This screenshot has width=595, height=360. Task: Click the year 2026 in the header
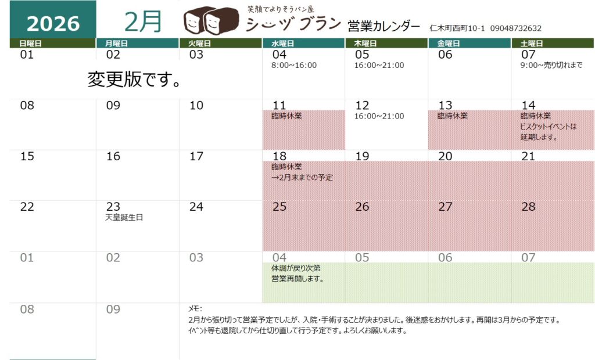pyautogui.click(x=53, y=23)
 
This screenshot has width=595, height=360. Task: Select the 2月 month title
pyautogui.click(x=143, y=21)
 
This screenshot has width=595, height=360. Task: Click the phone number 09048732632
pyautogui.click(x=516, y=28)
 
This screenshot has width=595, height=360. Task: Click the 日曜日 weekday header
pyautogui.click(x=30, y=43)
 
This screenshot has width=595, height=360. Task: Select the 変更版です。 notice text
pyautogui.click(x=134, y=80)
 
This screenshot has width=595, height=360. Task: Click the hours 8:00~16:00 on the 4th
pyautogui.click(x=294, y=65)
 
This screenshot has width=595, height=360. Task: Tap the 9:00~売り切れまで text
pyautogui.click(x=551, y=65)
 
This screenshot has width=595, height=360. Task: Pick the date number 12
pyautogui.click(x=362, y=105)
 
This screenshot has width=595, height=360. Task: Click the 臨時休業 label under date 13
pyautogui.click(x=452, y=116)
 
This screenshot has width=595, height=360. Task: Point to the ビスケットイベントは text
pyautogui.click(x=549, y=127)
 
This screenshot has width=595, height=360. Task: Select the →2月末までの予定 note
pyautogui.click(x=302, y=177)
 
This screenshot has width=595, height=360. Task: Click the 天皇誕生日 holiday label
pyautogui.click(x=124, y=218)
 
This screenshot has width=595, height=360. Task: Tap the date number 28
pyautogui.click(x=528, y=207)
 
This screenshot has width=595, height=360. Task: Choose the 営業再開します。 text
pyautogui.click(x=297, y=279)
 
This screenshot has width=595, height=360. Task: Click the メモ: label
pyautogui.click(x=195, y=309)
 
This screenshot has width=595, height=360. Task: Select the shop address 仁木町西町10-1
pyautogui.click(x=457, y=28)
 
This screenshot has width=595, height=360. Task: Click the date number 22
pyautogui.click(x=27, y=207)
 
